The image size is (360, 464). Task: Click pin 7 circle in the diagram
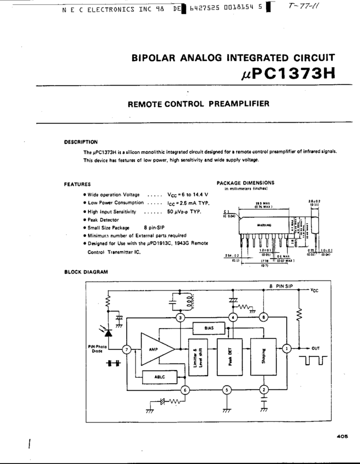tap(127, 349)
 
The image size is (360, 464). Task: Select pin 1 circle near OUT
tap(285, 348)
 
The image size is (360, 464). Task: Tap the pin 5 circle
tap(227, 390)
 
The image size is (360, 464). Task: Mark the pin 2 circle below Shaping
tap(264, 390)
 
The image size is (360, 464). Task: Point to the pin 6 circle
tap(185, 390)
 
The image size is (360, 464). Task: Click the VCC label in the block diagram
tap(314, 290)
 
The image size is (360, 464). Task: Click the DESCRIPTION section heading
tap(81, 142)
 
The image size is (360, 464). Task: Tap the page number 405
tap(343, 436)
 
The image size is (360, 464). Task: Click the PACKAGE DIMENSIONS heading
tap(245, 183)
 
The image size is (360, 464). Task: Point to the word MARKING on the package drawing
tap(265, 224)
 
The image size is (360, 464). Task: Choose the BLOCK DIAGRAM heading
tap(86, 271)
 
